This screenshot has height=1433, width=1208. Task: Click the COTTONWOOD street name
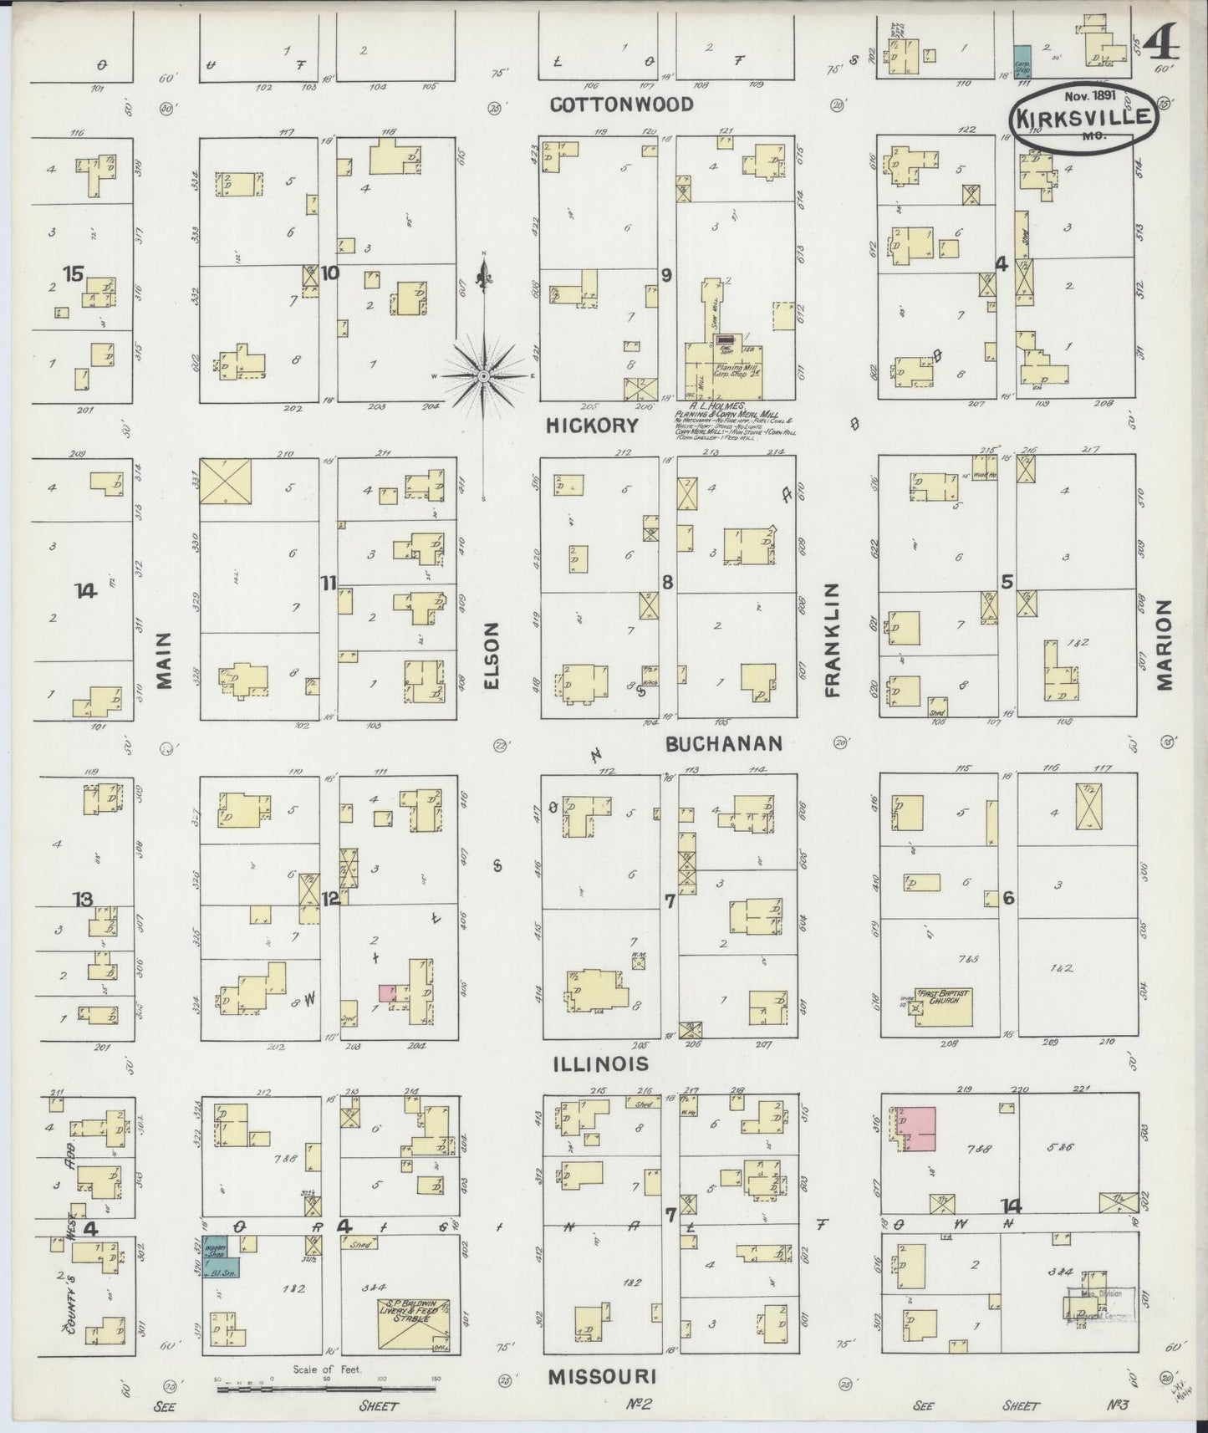621,105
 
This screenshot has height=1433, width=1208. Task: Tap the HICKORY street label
592,426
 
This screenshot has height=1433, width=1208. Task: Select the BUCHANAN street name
724,743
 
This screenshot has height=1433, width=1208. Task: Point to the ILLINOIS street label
600,1063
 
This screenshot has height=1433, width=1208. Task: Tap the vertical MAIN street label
164,660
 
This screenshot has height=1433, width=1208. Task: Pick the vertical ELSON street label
491,655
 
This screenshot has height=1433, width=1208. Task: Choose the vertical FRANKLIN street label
832,640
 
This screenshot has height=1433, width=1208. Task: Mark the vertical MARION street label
1165,645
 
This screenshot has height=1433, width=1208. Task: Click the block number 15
74,273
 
